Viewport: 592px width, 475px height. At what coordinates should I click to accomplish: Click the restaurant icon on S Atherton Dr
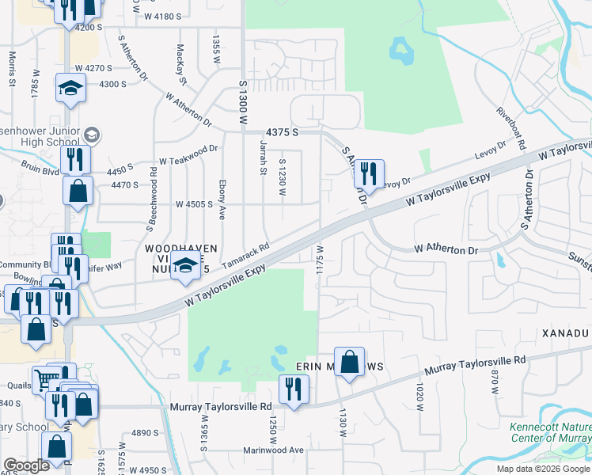pos(369,172)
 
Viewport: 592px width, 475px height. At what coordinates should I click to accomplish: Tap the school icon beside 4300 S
pos(70,87)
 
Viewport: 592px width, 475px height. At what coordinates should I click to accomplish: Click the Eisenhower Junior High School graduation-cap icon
pos(92,135)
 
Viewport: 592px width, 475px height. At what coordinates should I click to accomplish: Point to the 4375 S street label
pos(283,132)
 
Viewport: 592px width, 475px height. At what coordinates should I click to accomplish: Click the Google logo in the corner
pos(26,465)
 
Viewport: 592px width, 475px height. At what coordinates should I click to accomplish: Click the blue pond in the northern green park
pos(400,52)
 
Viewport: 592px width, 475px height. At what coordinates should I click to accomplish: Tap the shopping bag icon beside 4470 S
pos(78,190)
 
